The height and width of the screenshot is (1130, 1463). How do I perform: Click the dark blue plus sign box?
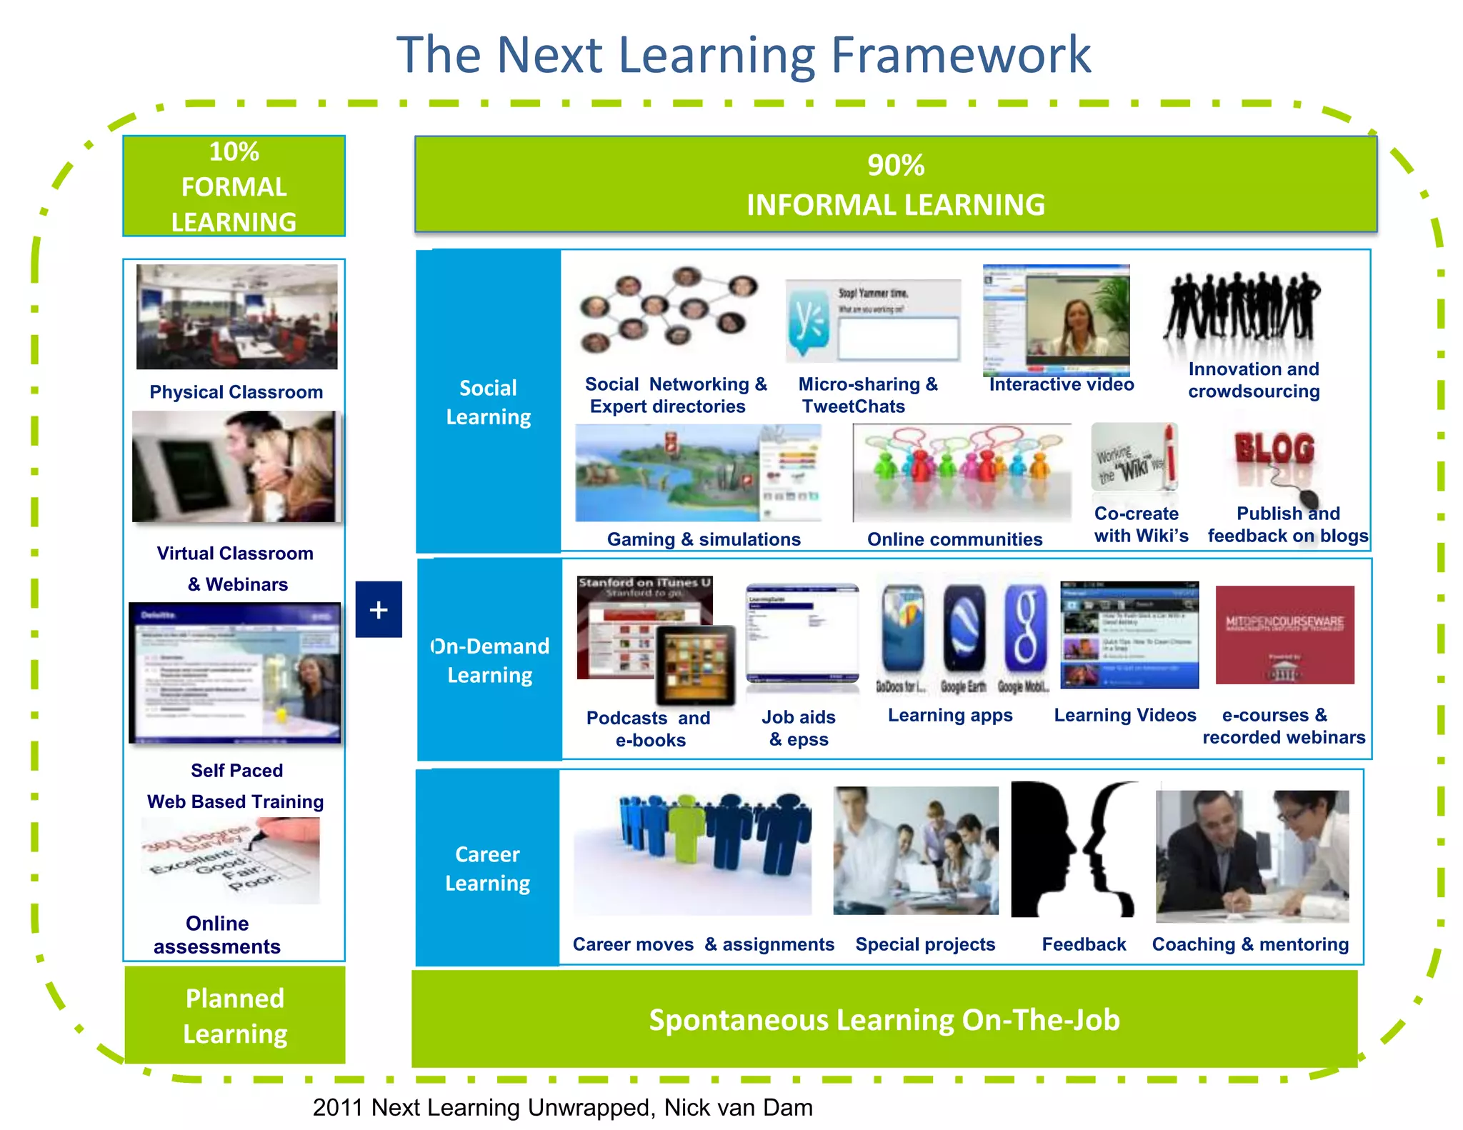tap(379, 609)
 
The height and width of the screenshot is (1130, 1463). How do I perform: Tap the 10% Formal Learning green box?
tap(234, 186)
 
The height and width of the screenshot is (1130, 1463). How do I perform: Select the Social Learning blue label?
tap(489, 402)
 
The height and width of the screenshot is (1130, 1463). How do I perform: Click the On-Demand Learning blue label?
tap(490, 660)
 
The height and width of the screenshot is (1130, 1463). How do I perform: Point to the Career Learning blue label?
tap(488, 868)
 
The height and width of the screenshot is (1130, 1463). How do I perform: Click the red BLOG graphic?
tap(1274, 449)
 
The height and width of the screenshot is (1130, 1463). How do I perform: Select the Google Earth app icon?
tap(964, 629)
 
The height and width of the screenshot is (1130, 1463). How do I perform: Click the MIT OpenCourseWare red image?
tap(1284, 635)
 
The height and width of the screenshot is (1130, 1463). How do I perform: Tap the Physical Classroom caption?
tap(236, 392)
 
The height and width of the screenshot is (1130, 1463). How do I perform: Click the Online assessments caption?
tap(217, 934)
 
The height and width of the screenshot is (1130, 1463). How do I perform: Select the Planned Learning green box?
tap(234, 1016)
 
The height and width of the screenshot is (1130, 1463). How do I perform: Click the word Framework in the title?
tap(962, 55)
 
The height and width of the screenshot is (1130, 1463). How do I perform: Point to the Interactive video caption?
tap(1062, 384)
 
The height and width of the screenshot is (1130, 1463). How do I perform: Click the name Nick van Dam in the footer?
tap(738, 1107)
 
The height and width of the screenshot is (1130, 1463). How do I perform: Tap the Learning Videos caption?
tap(1125, 715)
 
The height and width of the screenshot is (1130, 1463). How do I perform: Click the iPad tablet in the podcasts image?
tap(696, 664)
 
